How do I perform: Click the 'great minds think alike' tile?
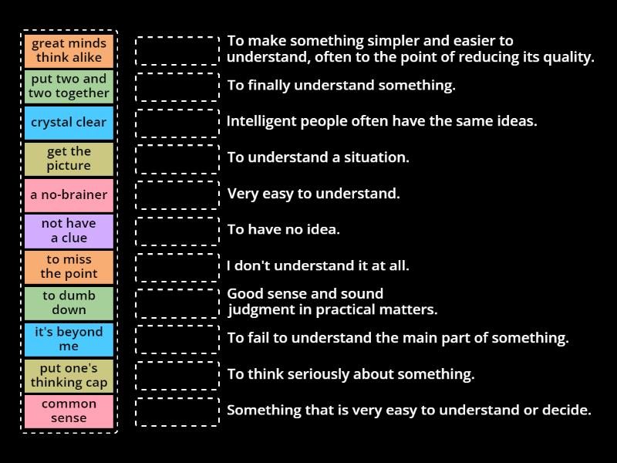click(x=69, y=50)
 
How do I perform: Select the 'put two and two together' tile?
click(x=69, y=86)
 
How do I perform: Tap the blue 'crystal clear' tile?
click(x=69, y=123)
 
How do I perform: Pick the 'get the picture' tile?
click(x=69, y=158)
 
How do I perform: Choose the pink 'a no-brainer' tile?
click(x=69, y=194)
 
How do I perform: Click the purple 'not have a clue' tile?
click(x=69, y=231)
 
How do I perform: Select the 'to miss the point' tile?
click(x=69, y=266)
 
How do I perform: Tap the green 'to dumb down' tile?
click(x=69, y=302)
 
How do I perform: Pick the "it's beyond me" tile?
click(x=69, y=339)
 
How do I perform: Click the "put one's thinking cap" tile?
click(x=69, y=375)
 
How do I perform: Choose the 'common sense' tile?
click(x=69, y=411)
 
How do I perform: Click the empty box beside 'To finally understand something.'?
click(x=177, y=86)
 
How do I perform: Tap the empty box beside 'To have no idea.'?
click(x=177, y=231)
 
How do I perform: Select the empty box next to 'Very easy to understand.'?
click(x=177, y=194)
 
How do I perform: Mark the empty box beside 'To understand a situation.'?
click(x=177, y=158)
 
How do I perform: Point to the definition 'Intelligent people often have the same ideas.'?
click(x=382, y=121)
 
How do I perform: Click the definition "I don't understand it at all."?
click(x=318, y=265)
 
